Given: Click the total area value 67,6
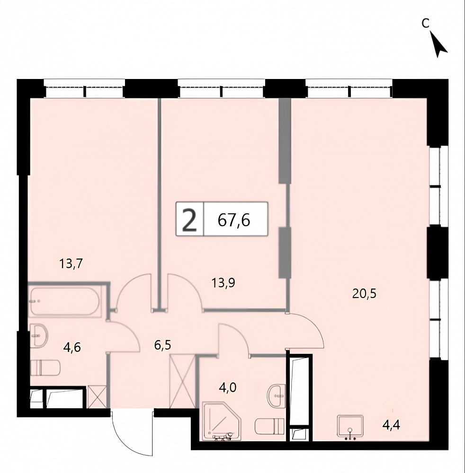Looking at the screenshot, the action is [x=234, y=220].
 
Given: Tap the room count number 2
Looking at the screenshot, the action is [x=190, y=221].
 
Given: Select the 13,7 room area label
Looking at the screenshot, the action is [x=71, y=264].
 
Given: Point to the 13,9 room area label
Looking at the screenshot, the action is [x=224, y=283].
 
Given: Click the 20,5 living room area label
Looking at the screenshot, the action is [x=365, y=293].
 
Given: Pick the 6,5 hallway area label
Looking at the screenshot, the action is [x=162, y=345].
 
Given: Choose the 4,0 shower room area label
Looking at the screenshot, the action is [x=228, y=387].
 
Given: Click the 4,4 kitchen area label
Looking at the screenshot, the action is [x=391, y=425].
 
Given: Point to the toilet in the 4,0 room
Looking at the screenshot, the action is [x=269, y=426].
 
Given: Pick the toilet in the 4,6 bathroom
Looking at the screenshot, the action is [x=45, y=367].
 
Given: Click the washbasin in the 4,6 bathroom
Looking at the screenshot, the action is [x=39, y=335].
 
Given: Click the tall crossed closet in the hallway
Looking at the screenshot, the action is [x=183, y=382].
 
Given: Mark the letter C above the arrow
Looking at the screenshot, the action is [x=425, y=23].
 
